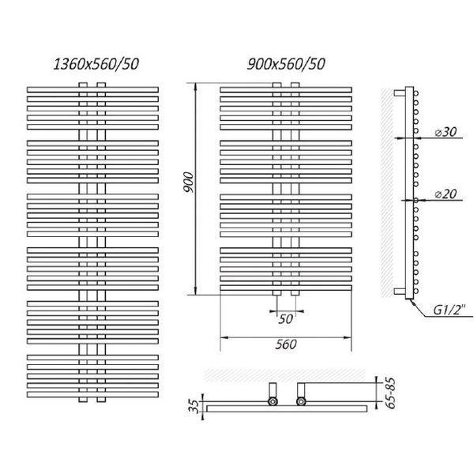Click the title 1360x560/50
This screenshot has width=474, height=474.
[96, 64]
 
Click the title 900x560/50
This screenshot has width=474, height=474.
[286, 64]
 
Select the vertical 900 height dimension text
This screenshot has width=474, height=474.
[188, 182]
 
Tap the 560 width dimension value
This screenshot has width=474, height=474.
[286, 344]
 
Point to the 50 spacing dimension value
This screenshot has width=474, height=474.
[285, 319]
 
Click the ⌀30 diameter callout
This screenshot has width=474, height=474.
[446, 132]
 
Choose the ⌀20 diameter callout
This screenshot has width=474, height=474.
[446, 194]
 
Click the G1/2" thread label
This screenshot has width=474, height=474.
[450, 310]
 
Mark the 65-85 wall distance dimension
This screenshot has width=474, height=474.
[391, 393]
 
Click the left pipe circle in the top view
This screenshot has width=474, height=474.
[273, 401]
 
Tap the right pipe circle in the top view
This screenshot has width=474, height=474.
[301, 401]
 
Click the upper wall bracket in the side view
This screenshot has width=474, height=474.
[400, 93]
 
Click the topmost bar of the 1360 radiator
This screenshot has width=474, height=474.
[92, 90]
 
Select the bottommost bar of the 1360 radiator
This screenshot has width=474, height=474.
[92, 395]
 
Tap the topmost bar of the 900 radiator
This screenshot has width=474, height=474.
[286, 90]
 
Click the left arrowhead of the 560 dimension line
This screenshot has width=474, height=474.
[224, 337]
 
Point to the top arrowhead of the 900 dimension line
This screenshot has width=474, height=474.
[196, 87]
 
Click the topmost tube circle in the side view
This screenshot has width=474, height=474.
[416, 93]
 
